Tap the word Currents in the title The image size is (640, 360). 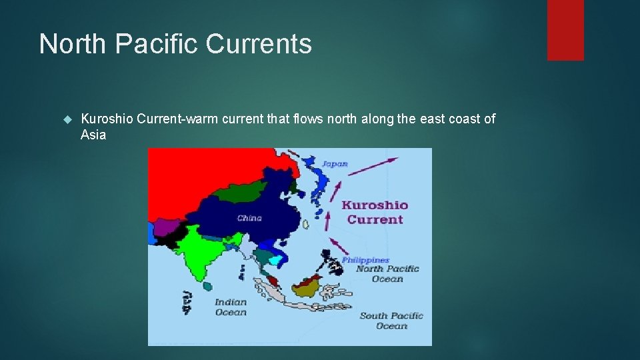tap(259, 44)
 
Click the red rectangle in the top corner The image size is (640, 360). tap(565, 30)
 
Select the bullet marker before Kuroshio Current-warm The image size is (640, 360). tap(66, 119)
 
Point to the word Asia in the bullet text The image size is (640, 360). tap(93, 135)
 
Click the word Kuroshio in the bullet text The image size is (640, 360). tap(106, 119)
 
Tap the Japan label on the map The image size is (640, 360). tap(335, 164)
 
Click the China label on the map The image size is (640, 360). tap(249, 218)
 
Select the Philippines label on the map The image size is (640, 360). tap(365, 260)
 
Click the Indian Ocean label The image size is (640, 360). tap(231, 307)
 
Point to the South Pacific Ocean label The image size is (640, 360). tap(391, 321)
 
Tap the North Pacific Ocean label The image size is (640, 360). tap(387, 273)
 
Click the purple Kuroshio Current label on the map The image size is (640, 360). tap(375, 212)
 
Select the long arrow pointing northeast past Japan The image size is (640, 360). tap(373, 166)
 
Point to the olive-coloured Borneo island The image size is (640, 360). tap(308, 286)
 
